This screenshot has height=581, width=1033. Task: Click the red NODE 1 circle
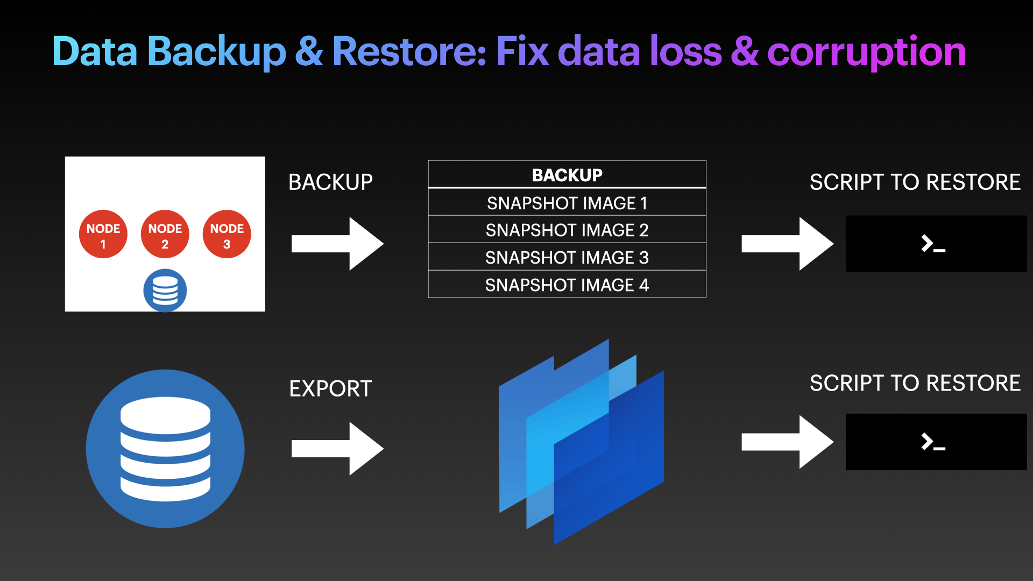pyautogui.click(x=103, y=235)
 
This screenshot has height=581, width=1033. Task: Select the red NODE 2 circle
pyautogui.click(x=165, y=235)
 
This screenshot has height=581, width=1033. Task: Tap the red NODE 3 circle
pyautogui.click(x=227, y=235)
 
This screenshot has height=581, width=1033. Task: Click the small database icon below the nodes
pyautogui.click(x=165, y=290)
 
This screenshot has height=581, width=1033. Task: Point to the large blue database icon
pyautogui.click(x=165, y=449)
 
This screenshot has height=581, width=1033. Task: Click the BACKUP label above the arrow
pyautogui.click(x=330, y=182)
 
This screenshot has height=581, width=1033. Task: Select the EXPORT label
pyautogui.click(x=330, y=388)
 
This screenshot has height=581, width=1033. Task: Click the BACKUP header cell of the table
pyautogui.click(x=567, y=175)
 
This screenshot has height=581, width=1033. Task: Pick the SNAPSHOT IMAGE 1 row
pyautogui.click(x=567, y=203)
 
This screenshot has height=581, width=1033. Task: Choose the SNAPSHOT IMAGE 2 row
pyautogui.click(x=567, y=230)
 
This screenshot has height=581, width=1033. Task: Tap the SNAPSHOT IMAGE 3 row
pyautogui.click(x=567, y=258)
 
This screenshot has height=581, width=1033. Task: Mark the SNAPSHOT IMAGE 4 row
pyautogui.click(x=567, y=285)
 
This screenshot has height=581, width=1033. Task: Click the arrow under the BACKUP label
pyautogui.click(x=337, y=244)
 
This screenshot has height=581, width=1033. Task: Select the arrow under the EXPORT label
pyautogui.click(x=337, y=448)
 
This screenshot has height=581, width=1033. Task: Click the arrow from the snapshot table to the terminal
pyautogui.click(x=787, y=244)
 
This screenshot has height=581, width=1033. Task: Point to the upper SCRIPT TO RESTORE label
pyautogui.click(x=915, y=182)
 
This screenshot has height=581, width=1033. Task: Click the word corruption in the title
pyautogui.click(x=866, y=52)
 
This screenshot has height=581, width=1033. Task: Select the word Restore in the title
pyautogui.click(x=409, y=52)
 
